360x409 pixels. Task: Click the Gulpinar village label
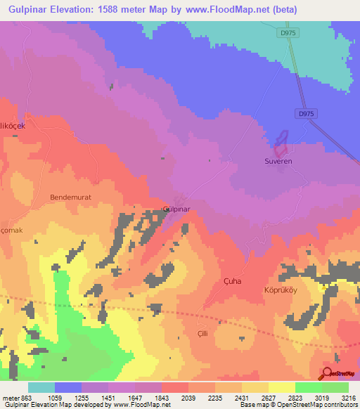pyautogui.click(x=176, y=209)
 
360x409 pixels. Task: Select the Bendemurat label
pyautogui.click(x=72, y=197)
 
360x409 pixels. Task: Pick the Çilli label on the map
pyautogui.click(x=202, y=335)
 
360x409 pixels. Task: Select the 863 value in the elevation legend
pyautogui.click(x=25, y=398)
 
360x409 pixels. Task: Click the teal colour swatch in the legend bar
pyautogui.click(x=41, y=387)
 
